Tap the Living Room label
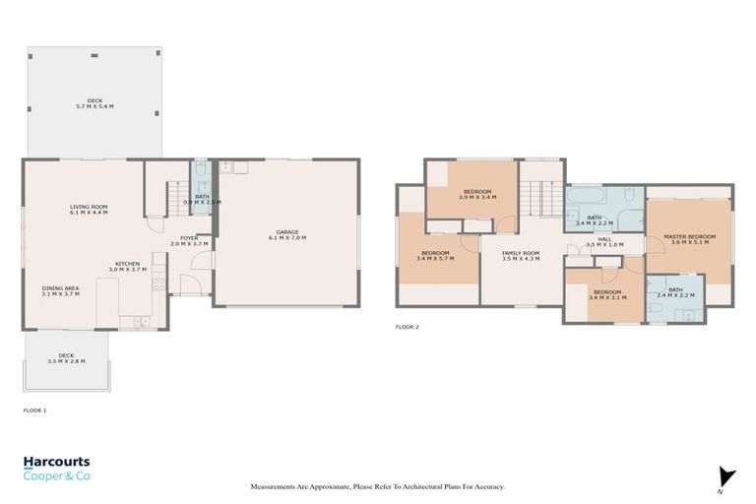88,210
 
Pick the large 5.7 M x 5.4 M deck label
94,103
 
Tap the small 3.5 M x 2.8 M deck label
66,358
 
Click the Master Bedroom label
689,239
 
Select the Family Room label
521,255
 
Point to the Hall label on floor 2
604,241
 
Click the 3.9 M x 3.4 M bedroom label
476,194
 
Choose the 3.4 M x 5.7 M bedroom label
435,255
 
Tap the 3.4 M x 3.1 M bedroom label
606,294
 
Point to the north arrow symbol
726,476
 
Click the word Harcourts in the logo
56,462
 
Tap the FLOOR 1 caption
34,409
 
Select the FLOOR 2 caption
407,327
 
